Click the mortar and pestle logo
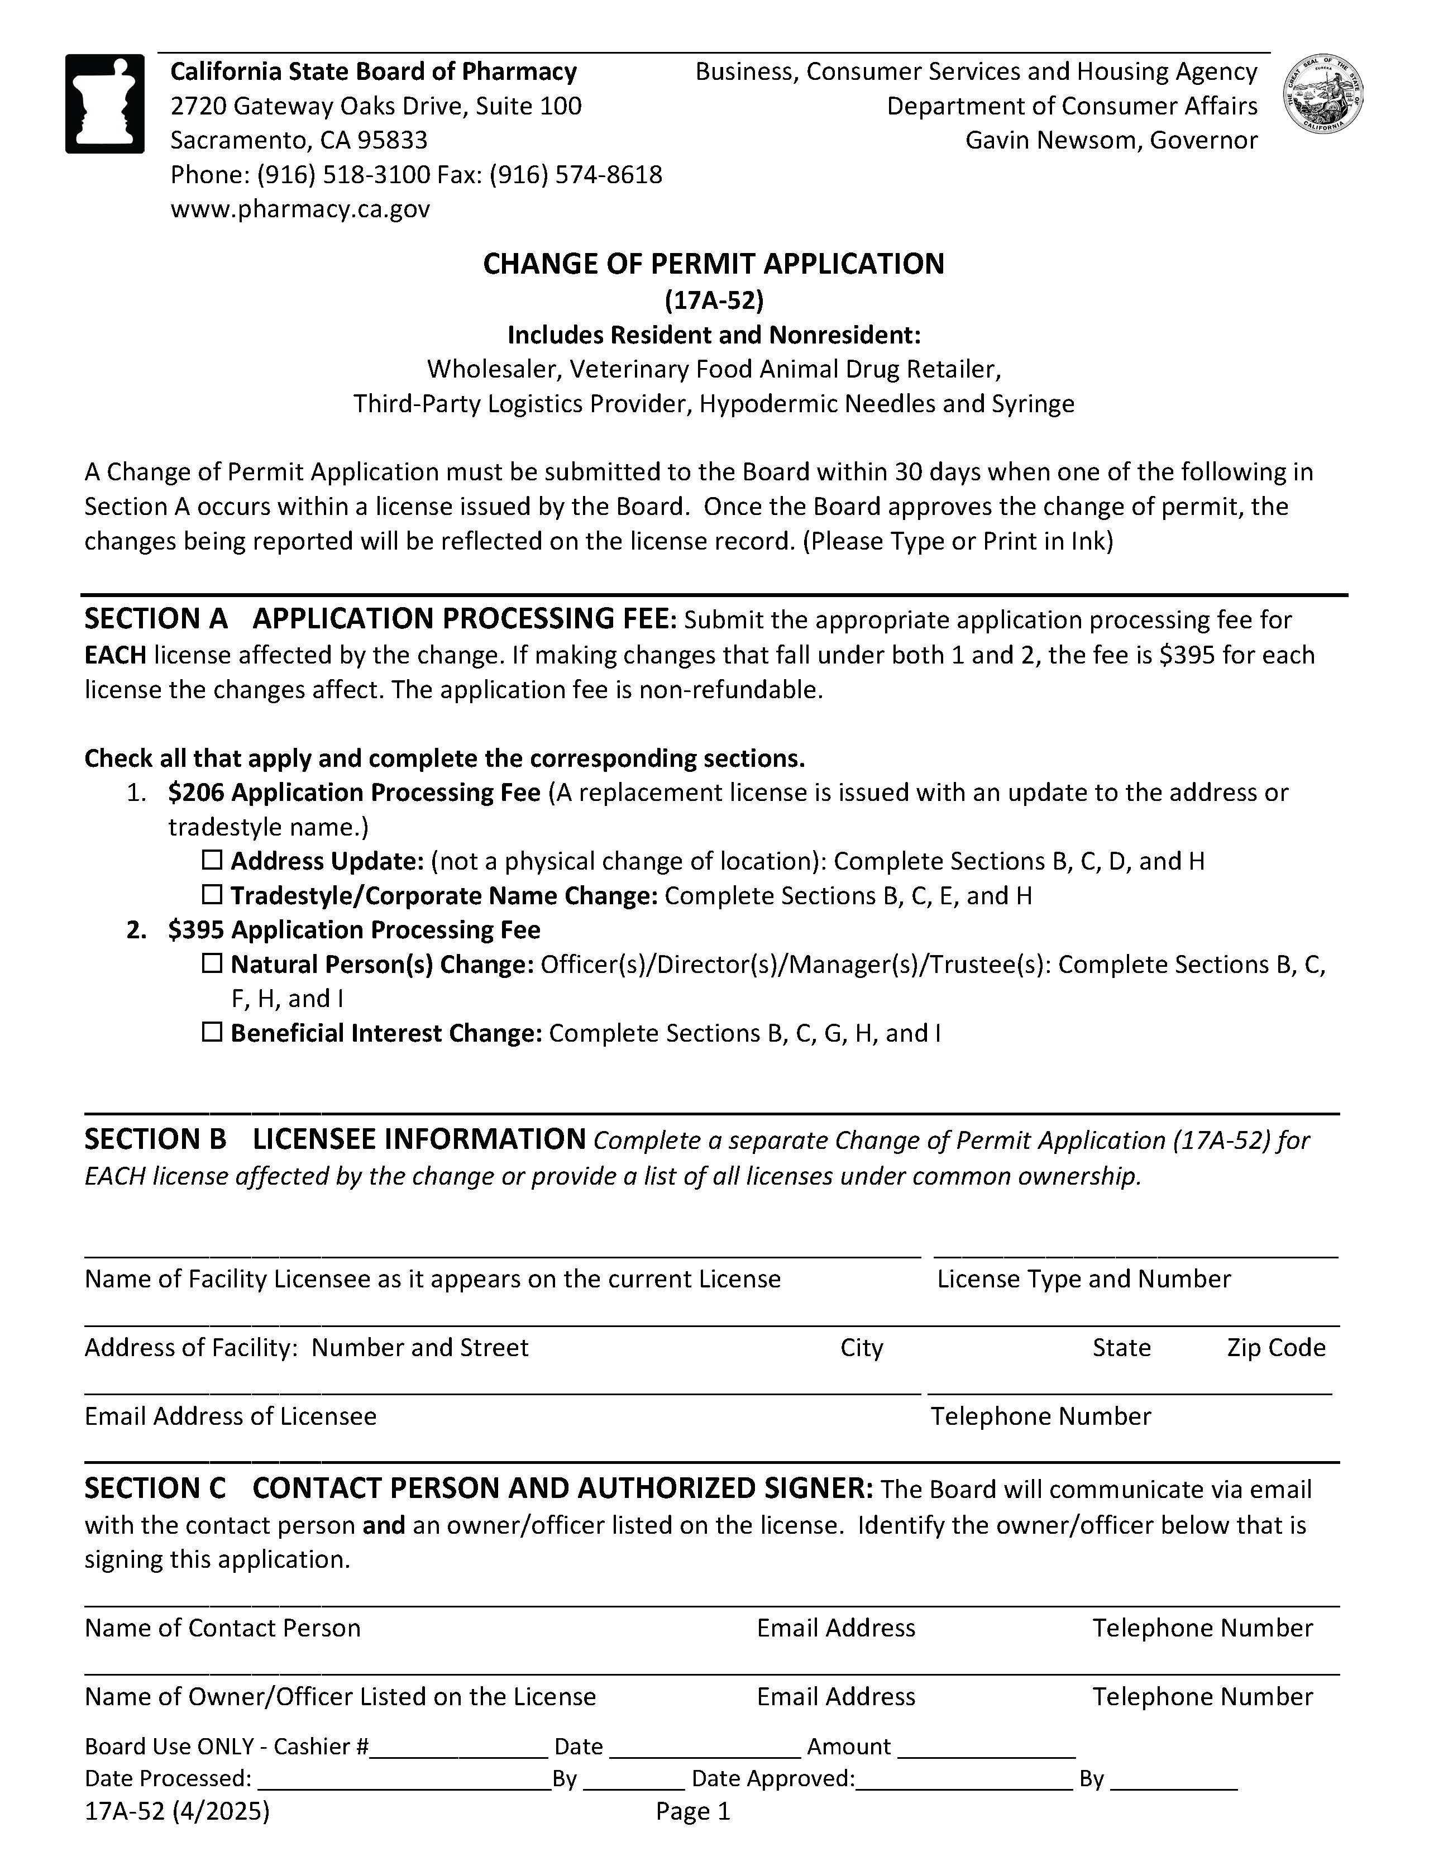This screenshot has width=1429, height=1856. click(x=104, y=104)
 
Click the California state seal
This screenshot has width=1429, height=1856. click(x=1323, y=93)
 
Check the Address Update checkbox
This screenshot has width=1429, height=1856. click(x=212, y=860)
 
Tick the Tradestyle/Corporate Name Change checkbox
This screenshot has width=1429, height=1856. click(x=212, y=895)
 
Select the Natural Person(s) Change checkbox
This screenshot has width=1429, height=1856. click(x=212, y=963)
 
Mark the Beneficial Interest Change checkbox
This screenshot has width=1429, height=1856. click(x=212, y=1033)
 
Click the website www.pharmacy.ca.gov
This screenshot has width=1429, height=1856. click(x=300, y=209)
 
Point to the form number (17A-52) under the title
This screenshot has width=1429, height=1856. click(x=714, y=300)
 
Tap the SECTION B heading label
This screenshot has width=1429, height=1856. click(x=155, y=1139)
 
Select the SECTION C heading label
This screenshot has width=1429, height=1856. click(x=155, y=1488)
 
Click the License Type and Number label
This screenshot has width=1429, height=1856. click(x=1083, y=1279)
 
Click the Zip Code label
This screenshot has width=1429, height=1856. click(x=1275, y=1348)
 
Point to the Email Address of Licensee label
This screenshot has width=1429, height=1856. click(x=230, y=1416)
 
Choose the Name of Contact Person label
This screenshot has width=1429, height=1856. click(x=223, y=1628)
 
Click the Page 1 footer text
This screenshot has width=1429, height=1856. click(x=692, y=1812)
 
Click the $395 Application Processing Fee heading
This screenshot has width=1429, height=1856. click(x=354, y=930)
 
